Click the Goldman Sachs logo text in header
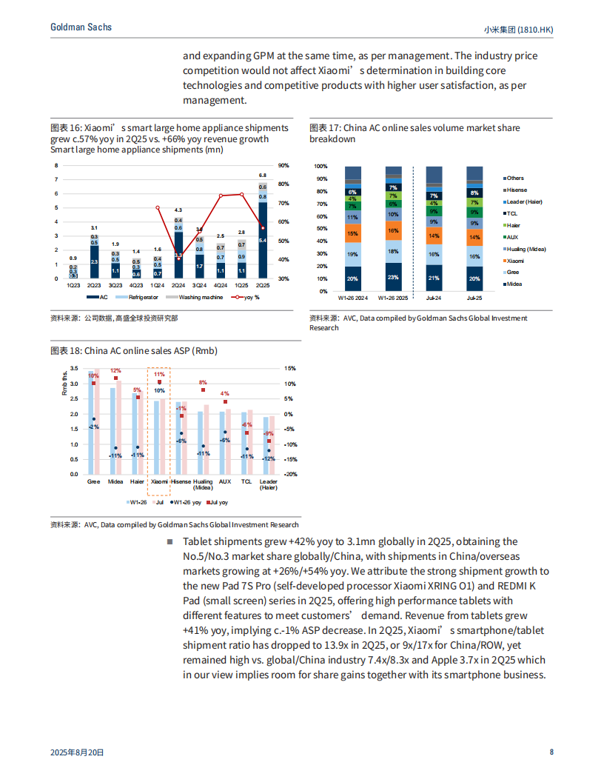81,27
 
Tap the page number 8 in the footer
551,752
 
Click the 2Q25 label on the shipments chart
263,284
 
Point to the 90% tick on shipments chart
283,166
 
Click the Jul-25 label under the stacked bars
474,298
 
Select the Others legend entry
515,178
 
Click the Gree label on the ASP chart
94,481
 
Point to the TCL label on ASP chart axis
246,481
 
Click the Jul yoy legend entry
218,502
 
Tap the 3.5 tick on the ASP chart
73,369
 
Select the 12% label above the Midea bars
115,370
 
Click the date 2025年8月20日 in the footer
77,752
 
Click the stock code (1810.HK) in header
534,29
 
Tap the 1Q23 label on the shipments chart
73,284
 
